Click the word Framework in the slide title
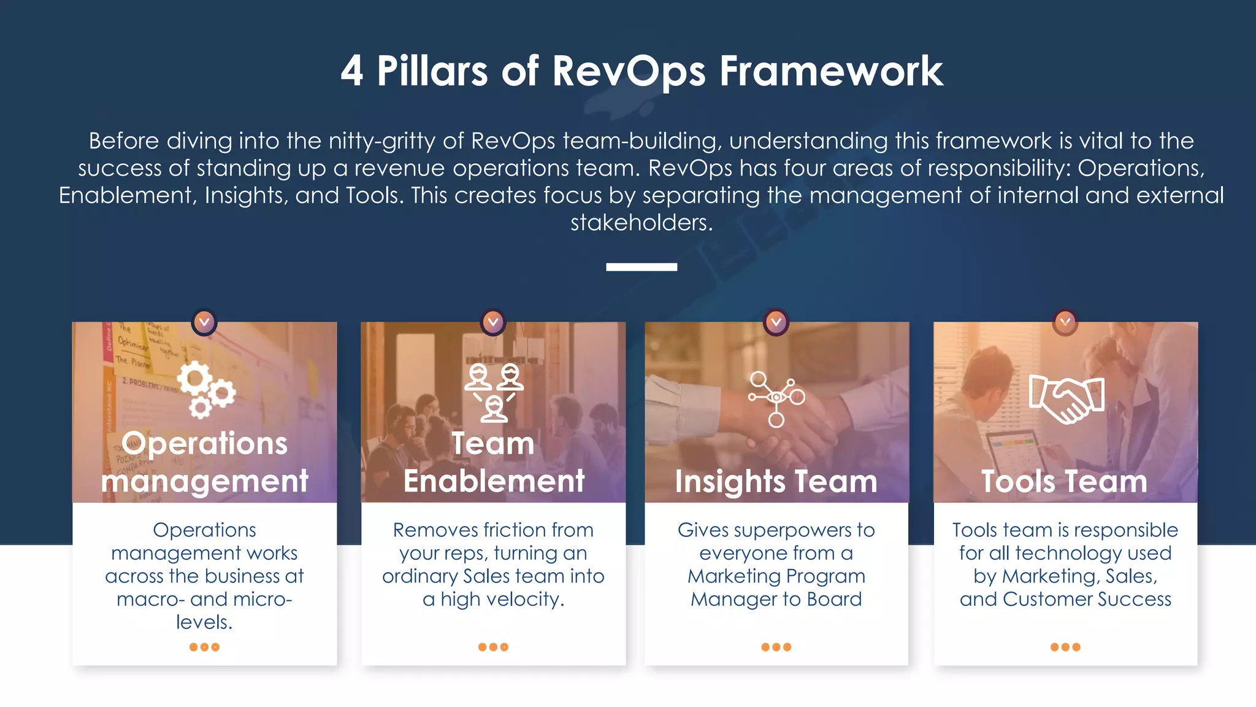click(x=831, y=71)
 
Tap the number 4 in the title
click(x=352, y=71)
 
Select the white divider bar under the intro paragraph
click(x=641, y=267)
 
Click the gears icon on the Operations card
click(x=205, y=389)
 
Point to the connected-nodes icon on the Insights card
click(x=776, y=398)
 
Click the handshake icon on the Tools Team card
click(x=1066, y=398)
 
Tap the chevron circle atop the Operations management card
click(x=204, y=322)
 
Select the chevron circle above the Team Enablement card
click(x=493, y=322)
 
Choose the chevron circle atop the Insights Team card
click(x=776, y=322)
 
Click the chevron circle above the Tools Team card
click(x=1065, y=322)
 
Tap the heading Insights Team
click(x=776, y=481)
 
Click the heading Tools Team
click(x=1064, y=481)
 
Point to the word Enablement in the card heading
click(x=494, y=481)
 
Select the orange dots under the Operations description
click(x=204, y=647)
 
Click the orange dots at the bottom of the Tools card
click(x=1065, y=647)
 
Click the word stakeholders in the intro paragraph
click(x=641, y=223)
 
